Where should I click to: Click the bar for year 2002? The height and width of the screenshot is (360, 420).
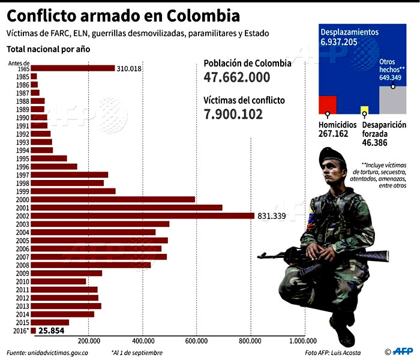click(x=142, y=216)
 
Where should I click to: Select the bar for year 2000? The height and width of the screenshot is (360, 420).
click(x=113, y=199)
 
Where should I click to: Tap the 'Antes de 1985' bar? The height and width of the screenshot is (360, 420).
click(x=73, y=68)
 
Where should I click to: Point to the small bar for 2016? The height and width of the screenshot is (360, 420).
click(x=34, y=331)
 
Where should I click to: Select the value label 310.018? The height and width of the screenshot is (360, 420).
click(x=130, y=68)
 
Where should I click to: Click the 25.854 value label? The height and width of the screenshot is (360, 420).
click(x=52, y=331)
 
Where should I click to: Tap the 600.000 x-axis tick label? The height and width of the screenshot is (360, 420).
click(x=196, y=341)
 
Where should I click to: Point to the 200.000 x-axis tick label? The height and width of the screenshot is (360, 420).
click(x=89, y=341)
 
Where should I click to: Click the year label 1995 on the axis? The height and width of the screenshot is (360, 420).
click(x=22, y=158)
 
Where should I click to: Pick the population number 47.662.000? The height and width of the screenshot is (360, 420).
click(x=236, y=77)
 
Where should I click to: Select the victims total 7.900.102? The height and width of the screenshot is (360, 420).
click(x=233, y=113)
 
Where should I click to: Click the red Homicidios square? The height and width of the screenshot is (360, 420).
click(x=328, y=104)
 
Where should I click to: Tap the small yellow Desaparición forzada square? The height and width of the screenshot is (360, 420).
click(x=364, y=110)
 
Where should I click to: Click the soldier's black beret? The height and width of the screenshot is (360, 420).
click(x=332, y=157)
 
